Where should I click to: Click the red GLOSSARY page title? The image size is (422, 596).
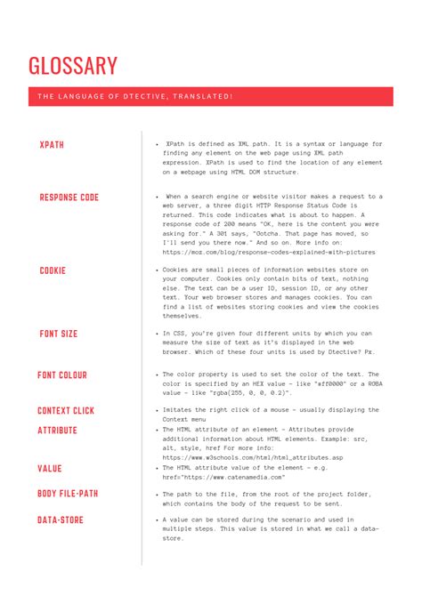tap(73, 66)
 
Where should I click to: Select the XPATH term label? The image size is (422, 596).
tap(52, 144)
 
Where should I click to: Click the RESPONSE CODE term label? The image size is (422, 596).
tap(69, 197)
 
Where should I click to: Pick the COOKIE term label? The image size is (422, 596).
tap(53, 270)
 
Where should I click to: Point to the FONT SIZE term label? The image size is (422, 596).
tap(59, 334)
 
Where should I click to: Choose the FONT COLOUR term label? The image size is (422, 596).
tap(62, 375)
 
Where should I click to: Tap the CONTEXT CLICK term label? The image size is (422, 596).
tap(66, 411)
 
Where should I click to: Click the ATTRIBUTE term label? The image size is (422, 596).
tap(57, 431)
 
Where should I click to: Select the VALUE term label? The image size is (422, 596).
tap(50, 468)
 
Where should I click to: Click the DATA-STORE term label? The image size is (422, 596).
tap(60, 519)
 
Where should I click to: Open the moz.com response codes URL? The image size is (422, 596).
tap(269, 252)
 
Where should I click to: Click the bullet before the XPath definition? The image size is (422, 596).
tap(158, 144)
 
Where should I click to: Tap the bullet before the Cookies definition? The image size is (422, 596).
tap(158, 270)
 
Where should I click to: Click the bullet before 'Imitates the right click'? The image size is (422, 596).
tap(158, 410)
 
